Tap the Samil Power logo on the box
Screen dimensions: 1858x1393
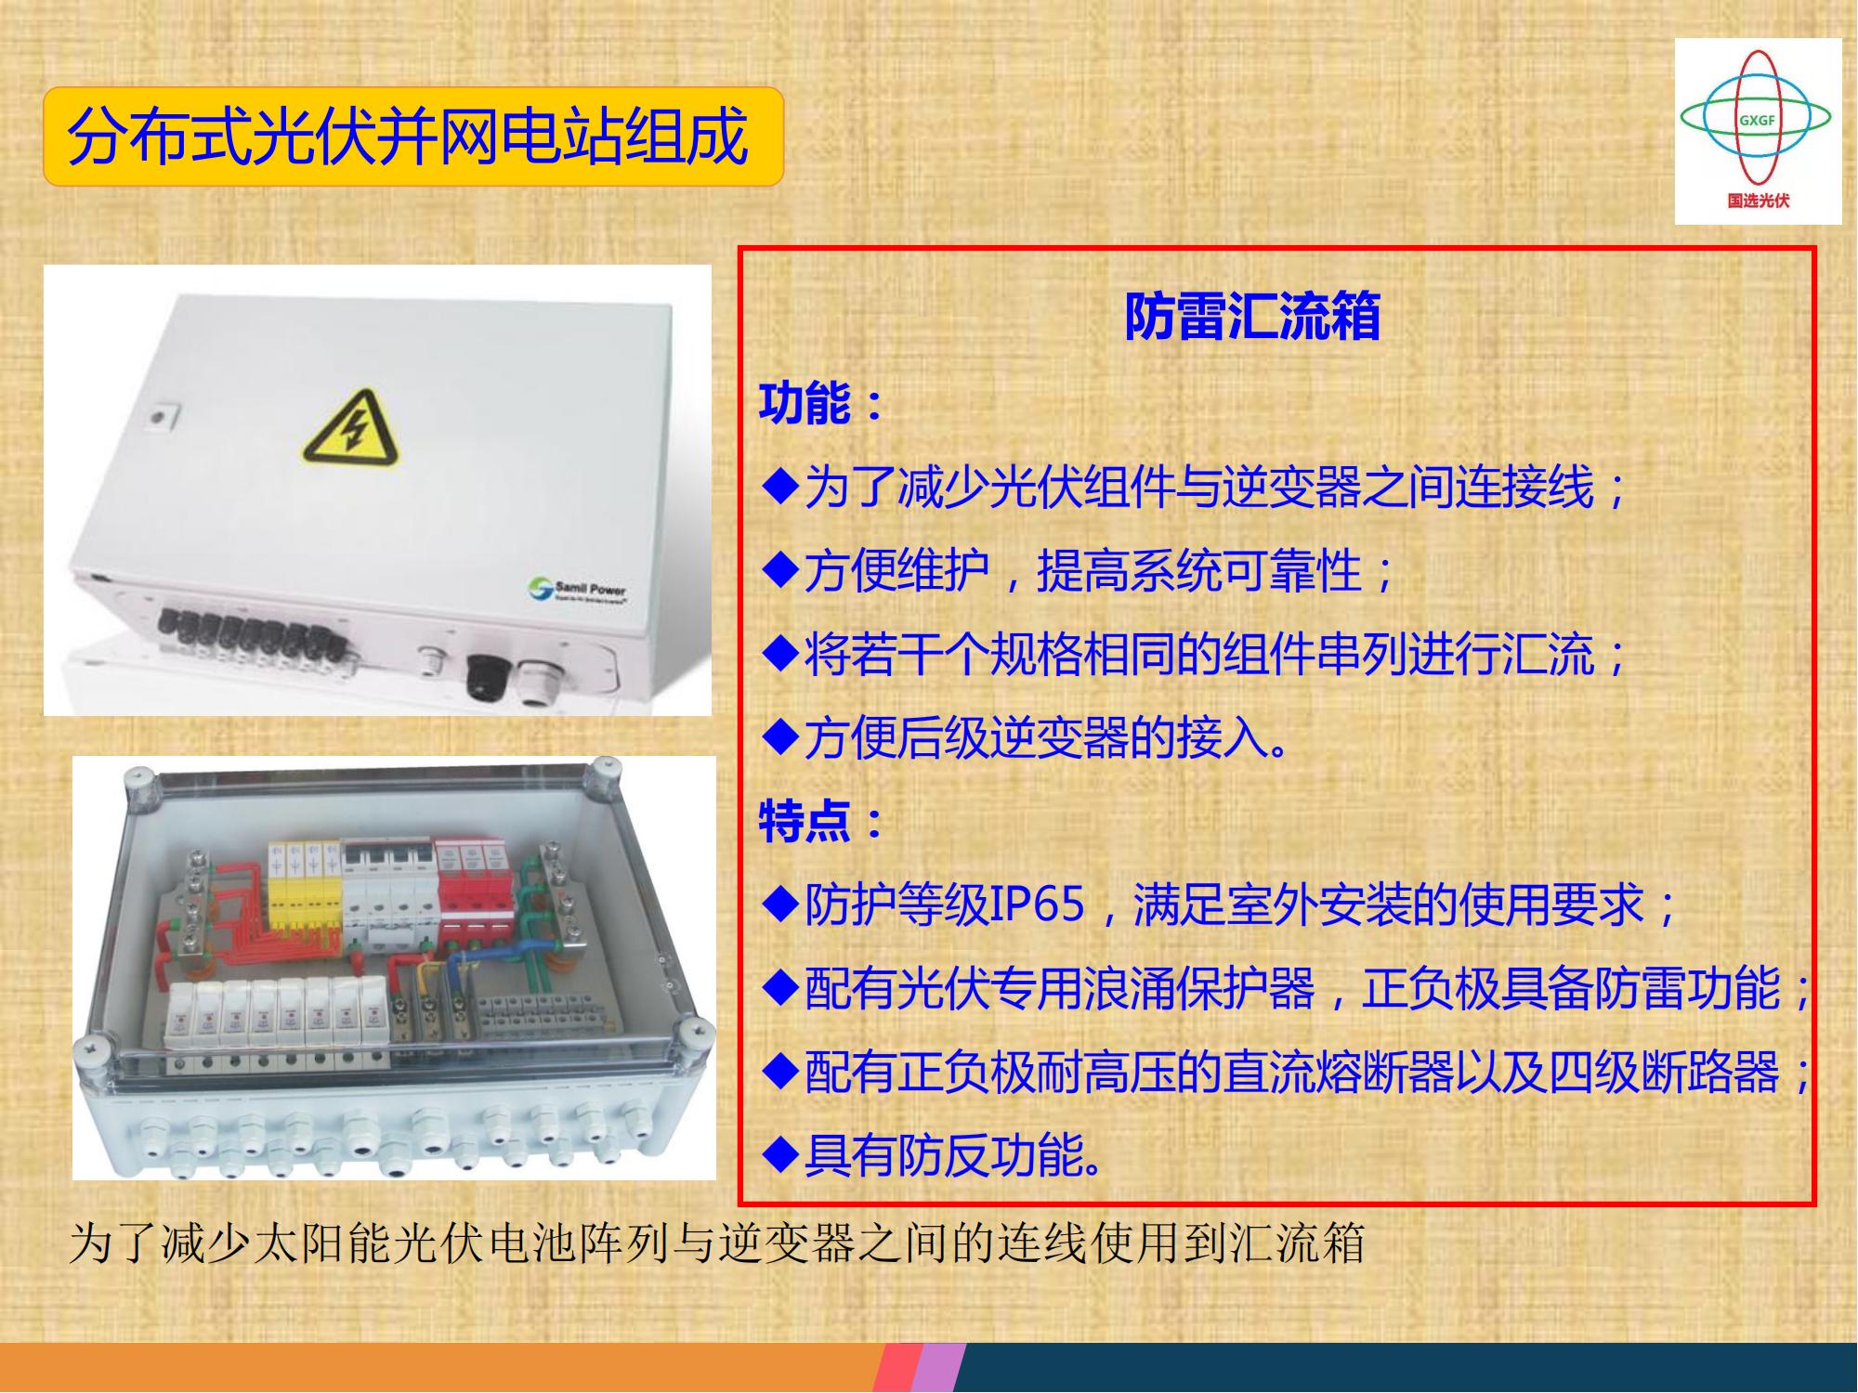click(577, 590)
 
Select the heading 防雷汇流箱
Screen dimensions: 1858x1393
click(1252, 316)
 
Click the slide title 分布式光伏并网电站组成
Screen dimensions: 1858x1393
click(408, 137)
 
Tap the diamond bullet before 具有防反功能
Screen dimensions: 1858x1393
click(779, 1155)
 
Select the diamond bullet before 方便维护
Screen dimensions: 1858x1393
click(779, 570)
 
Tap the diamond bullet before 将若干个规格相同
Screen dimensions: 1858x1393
click(779, 654)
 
